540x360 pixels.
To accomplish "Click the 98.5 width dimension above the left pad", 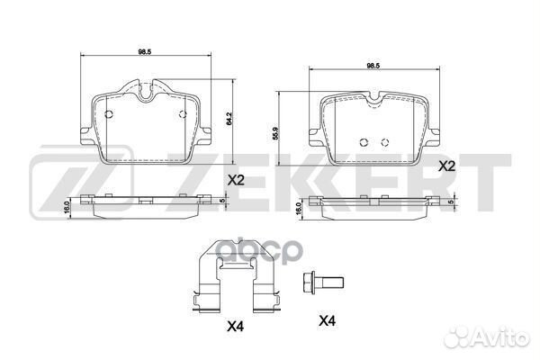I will pyautogui.click(x=145, y=52).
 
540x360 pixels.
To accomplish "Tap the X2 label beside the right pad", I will pyautogui.click(x=446, y=166).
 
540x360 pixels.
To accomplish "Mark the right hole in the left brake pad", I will pyautogui.click(x=183, y=113).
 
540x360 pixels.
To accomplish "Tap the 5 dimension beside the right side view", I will pyautogui.click(x=448, y=202).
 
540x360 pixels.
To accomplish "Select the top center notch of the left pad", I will pyautogui.click(x=145, y=88).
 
